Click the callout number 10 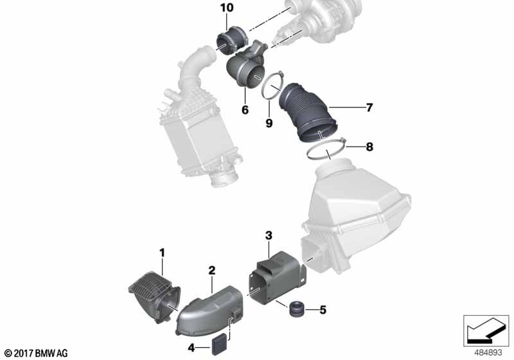click(227, 8)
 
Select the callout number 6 click(245, 110)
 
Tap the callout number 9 click(269, 123)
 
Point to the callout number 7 click(369, 107)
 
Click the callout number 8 click(369, 147)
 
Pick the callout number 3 click(269, 235)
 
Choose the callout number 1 click(162, 253)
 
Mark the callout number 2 click(212, 271)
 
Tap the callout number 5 click(323, 310)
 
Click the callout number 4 click(191, 348)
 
